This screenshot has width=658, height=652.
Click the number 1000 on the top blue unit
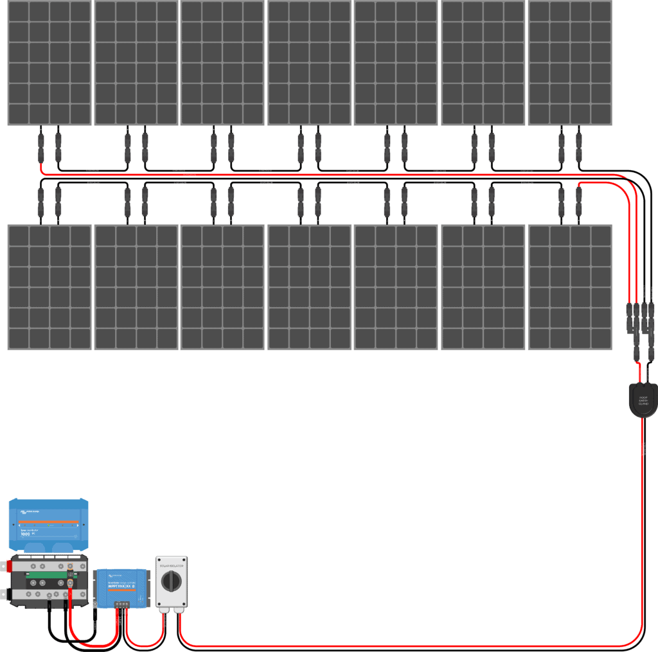[26, 533]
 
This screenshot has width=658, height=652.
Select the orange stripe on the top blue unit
[48, 522]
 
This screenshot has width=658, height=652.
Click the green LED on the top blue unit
[49, 525]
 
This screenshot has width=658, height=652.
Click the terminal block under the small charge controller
[121, 604]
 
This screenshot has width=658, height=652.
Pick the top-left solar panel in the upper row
[49, 63]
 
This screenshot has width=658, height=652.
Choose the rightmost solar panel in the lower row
[570, 287]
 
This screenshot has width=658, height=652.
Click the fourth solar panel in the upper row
[310, 63]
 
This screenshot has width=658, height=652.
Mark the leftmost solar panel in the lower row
[49, 287]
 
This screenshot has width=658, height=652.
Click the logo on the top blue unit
[26, 511]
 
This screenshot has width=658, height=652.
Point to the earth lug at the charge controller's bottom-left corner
[95, 603]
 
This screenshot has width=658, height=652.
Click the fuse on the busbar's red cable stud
[70, 576]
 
